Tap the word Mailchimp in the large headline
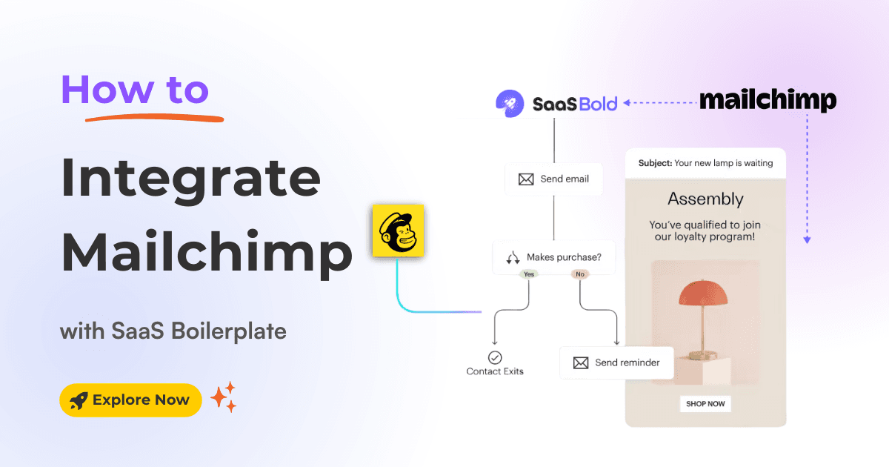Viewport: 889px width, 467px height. click(x=206, y=252)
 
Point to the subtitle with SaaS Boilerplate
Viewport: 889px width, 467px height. click(x=173, y=331)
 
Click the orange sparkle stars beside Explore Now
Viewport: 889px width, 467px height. click(x=224, y=397)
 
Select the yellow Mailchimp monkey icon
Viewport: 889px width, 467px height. click(x=398, y=231)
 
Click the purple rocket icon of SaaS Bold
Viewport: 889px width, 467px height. click(x=507, y=103)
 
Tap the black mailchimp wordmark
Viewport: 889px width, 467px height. click(x=768, y=102)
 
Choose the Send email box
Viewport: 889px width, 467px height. click(x=554, y=179)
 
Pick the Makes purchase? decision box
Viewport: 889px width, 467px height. click(x=554, y=257)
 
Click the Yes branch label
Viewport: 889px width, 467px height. click(x=529, y=274)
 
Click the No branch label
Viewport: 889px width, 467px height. click(x=579, y=274)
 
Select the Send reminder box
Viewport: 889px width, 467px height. click(x=616, y=362)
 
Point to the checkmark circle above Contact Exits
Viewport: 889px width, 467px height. click(x=495, y=357)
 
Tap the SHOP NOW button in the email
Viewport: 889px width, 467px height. click(x=705, y=404)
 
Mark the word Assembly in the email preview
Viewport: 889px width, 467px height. click(x=705, y=199)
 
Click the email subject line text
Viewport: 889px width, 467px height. click(x=705, y=163)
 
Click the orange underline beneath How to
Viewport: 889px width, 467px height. click(x=153, y=115)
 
